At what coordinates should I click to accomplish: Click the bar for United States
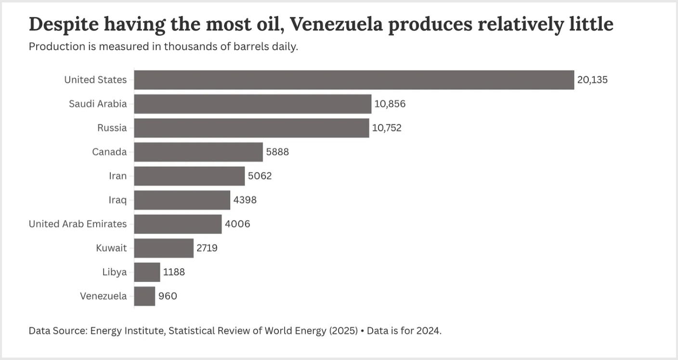point(354,80)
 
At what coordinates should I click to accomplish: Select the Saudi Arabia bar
point(253,104)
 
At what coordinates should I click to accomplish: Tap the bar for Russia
point(251,128)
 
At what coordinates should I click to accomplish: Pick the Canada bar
point(198,152)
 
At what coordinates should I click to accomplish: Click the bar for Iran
point(189,176)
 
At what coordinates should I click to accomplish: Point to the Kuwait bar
point(164,248)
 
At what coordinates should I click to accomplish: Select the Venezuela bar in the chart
point(144,296)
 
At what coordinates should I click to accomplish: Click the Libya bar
point(147,272)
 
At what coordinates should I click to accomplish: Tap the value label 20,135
point(592,80)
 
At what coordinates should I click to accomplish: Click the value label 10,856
point(390,104)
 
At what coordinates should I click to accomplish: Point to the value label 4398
point(245,200)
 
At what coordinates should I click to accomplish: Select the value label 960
point(168,296)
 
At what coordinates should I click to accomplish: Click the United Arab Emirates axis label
point(78,224)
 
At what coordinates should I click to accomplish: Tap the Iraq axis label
point(117,200)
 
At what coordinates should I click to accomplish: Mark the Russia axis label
point(112,128)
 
